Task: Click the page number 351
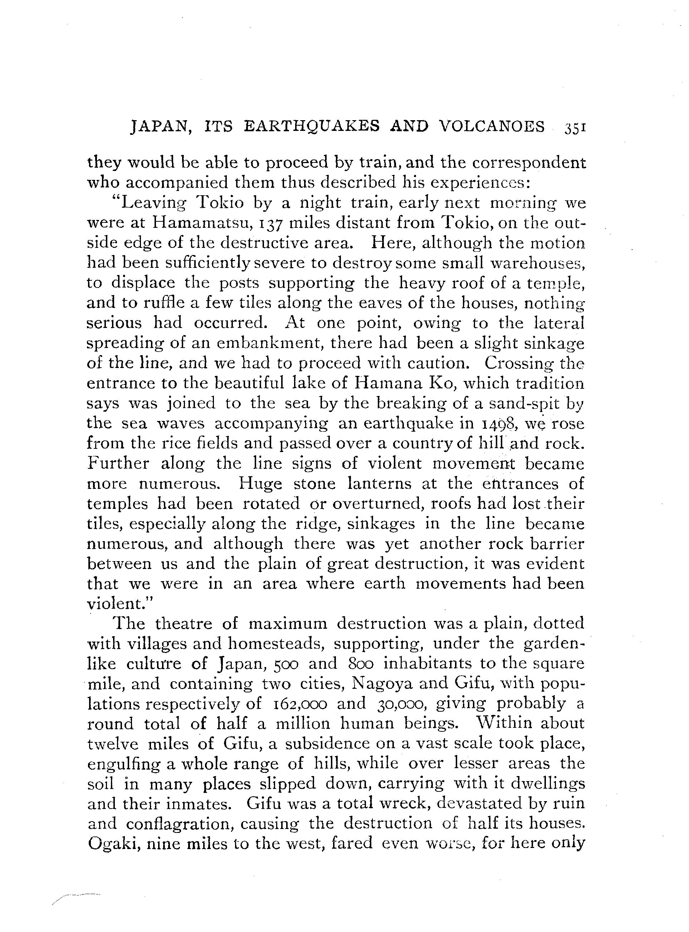point(576,127)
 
